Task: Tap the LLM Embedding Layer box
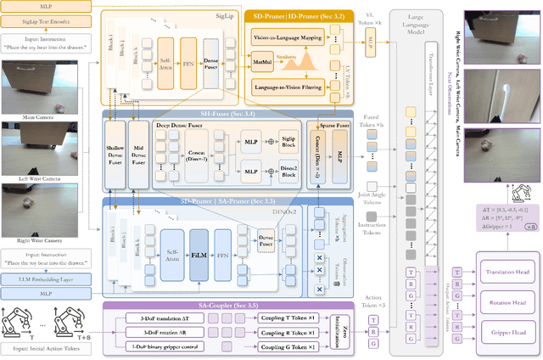[48, 278]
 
